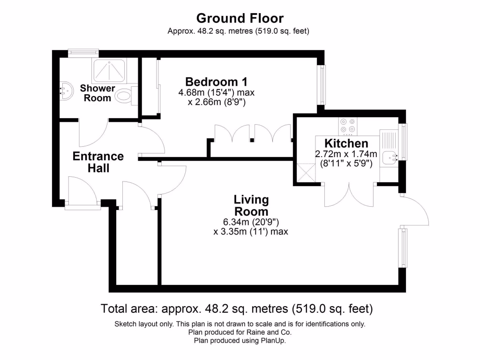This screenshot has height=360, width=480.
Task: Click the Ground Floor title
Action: click(240, 19)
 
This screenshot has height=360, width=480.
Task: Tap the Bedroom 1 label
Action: click(216, 81)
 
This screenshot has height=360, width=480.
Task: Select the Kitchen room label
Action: click(346, 143)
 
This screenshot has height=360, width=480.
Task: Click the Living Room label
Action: click(251, 205)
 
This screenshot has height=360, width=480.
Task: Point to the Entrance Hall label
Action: click(98, 162)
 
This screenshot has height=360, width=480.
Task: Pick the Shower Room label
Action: click(97, 93)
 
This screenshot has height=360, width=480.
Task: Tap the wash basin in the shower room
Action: click(66, 89)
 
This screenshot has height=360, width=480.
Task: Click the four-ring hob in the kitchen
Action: click(347, 126)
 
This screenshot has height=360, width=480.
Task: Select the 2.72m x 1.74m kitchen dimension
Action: click(346, 154)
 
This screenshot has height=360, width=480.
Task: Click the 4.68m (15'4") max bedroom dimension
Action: click(216, 92)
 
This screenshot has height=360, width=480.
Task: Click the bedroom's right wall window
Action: click(322, 85)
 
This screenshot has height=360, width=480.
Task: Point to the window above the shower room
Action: click(82, 53)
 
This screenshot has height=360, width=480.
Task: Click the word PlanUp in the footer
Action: click(274, 341)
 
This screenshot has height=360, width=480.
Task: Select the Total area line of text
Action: click(237, 309)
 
